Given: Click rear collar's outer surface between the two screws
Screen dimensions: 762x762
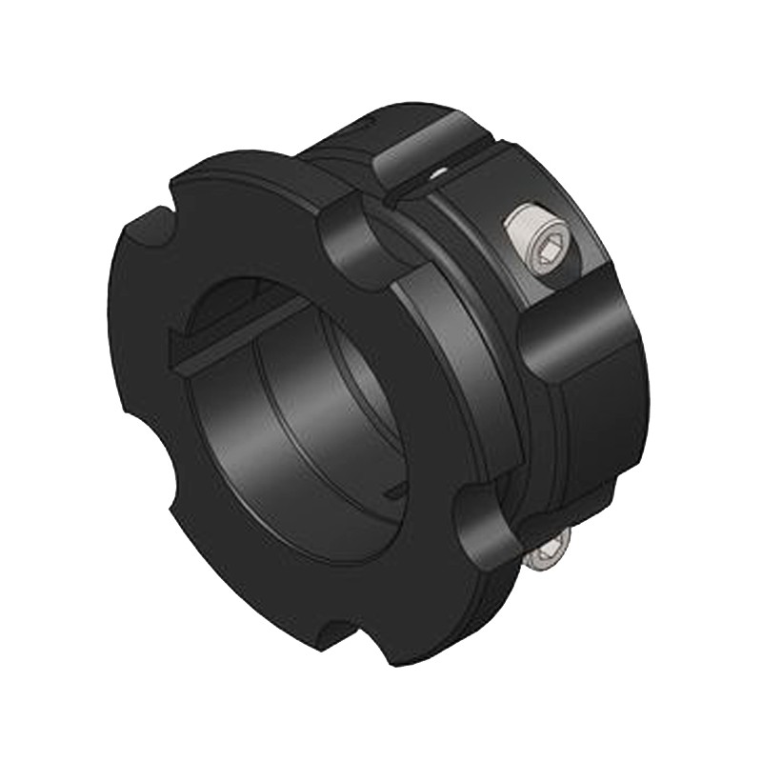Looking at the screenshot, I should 591,419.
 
